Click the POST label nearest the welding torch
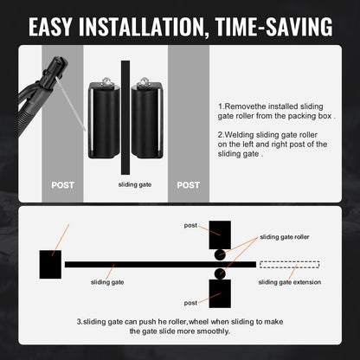(62, 185)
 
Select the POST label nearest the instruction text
(188, 185)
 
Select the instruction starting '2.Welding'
(273, 144)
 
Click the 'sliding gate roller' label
(284, 236)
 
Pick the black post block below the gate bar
(219, 292)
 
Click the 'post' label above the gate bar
(190, 225)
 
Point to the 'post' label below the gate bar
(190, 303)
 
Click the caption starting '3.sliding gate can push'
(180, 326)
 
